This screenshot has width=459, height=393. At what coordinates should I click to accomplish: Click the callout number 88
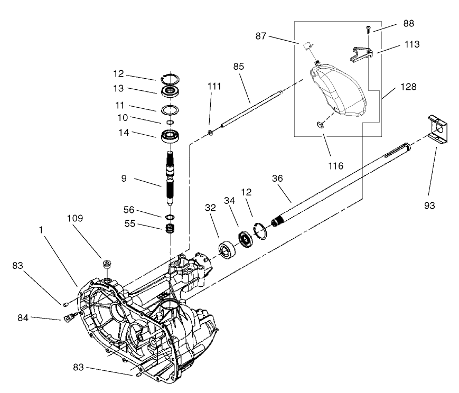point(408,23)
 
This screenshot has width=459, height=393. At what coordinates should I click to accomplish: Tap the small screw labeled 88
point(368,30)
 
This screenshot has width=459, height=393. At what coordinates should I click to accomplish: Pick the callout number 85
point(239,66)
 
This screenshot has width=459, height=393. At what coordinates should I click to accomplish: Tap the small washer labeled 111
point(210,132)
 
